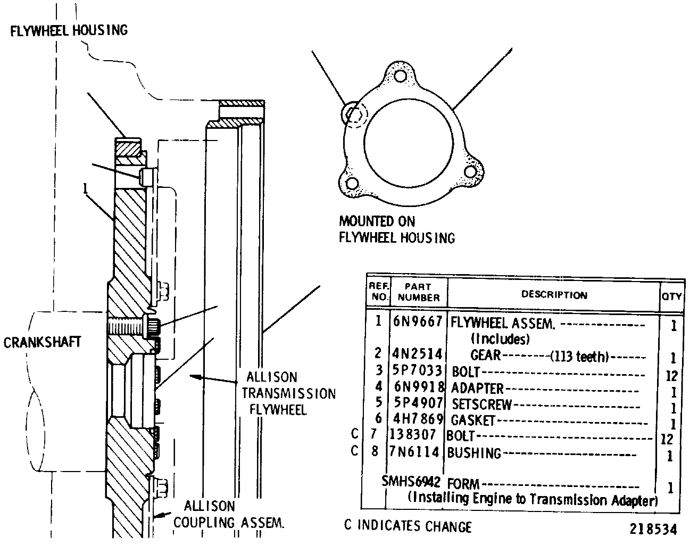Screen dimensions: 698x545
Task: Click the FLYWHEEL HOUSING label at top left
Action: (x=69, y=30)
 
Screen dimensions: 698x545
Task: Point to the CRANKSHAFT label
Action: (x=42, y=342)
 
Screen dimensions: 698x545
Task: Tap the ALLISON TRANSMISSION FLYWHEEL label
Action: (x=288, y=393)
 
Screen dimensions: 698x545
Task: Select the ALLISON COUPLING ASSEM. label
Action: (x=229, y=515)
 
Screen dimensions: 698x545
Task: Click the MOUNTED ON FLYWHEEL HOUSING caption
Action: (x=397, y=229)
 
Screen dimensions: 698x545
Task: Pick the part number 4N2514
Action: (x=417, y=354)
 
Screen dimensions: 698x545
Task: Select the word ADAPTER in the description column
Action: (x=477, y=389)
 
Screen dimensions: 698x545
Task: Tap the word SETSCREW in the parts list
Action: (x=482, y=404)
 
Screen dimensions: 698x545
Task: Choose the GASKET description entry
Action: (x=473, y=420)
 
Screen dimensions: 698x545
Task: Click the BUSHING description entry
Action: (x=474, y=453)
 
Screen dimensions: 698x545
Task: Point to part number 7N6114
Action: (x=414, y=452)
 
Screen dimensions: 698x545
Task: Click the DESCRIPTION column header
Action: (x=554, y=294)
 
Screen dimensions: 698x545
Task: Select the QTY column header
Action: (x=671, y=296)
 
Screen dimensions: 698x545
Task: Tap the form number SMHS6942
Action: (x=411, y=481)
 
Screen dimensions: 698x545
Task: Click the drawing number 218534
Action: (x=653, y=529)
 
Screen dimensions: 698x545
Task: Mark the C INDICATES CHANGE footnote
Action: (x=408, y=526)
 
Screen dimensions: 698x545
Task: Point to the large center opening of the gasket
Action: (x=409, y=143)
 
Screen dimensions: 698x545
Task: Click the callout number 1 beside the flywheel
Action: (x=85, y=188)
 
